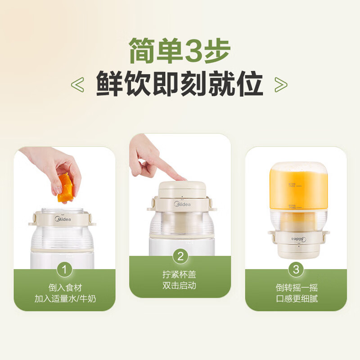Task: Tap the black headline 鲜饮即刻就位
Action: [x=180, y=84]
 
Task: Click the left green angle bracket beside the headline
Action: [x=78, y=84]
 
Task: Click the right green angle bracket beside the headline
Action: [x=281, y=84]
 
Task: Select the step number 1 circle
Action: [x=64, y=270]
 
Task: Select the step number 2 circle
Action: [x=180, y=257]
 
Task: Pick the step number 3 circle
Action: [x=296, y=270]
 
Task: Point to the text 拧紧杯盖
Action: [x=180, y=274]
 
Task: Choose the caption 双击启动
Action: [x=180, y=285]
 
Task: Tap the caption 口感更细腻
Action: [x=296, y=298]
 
